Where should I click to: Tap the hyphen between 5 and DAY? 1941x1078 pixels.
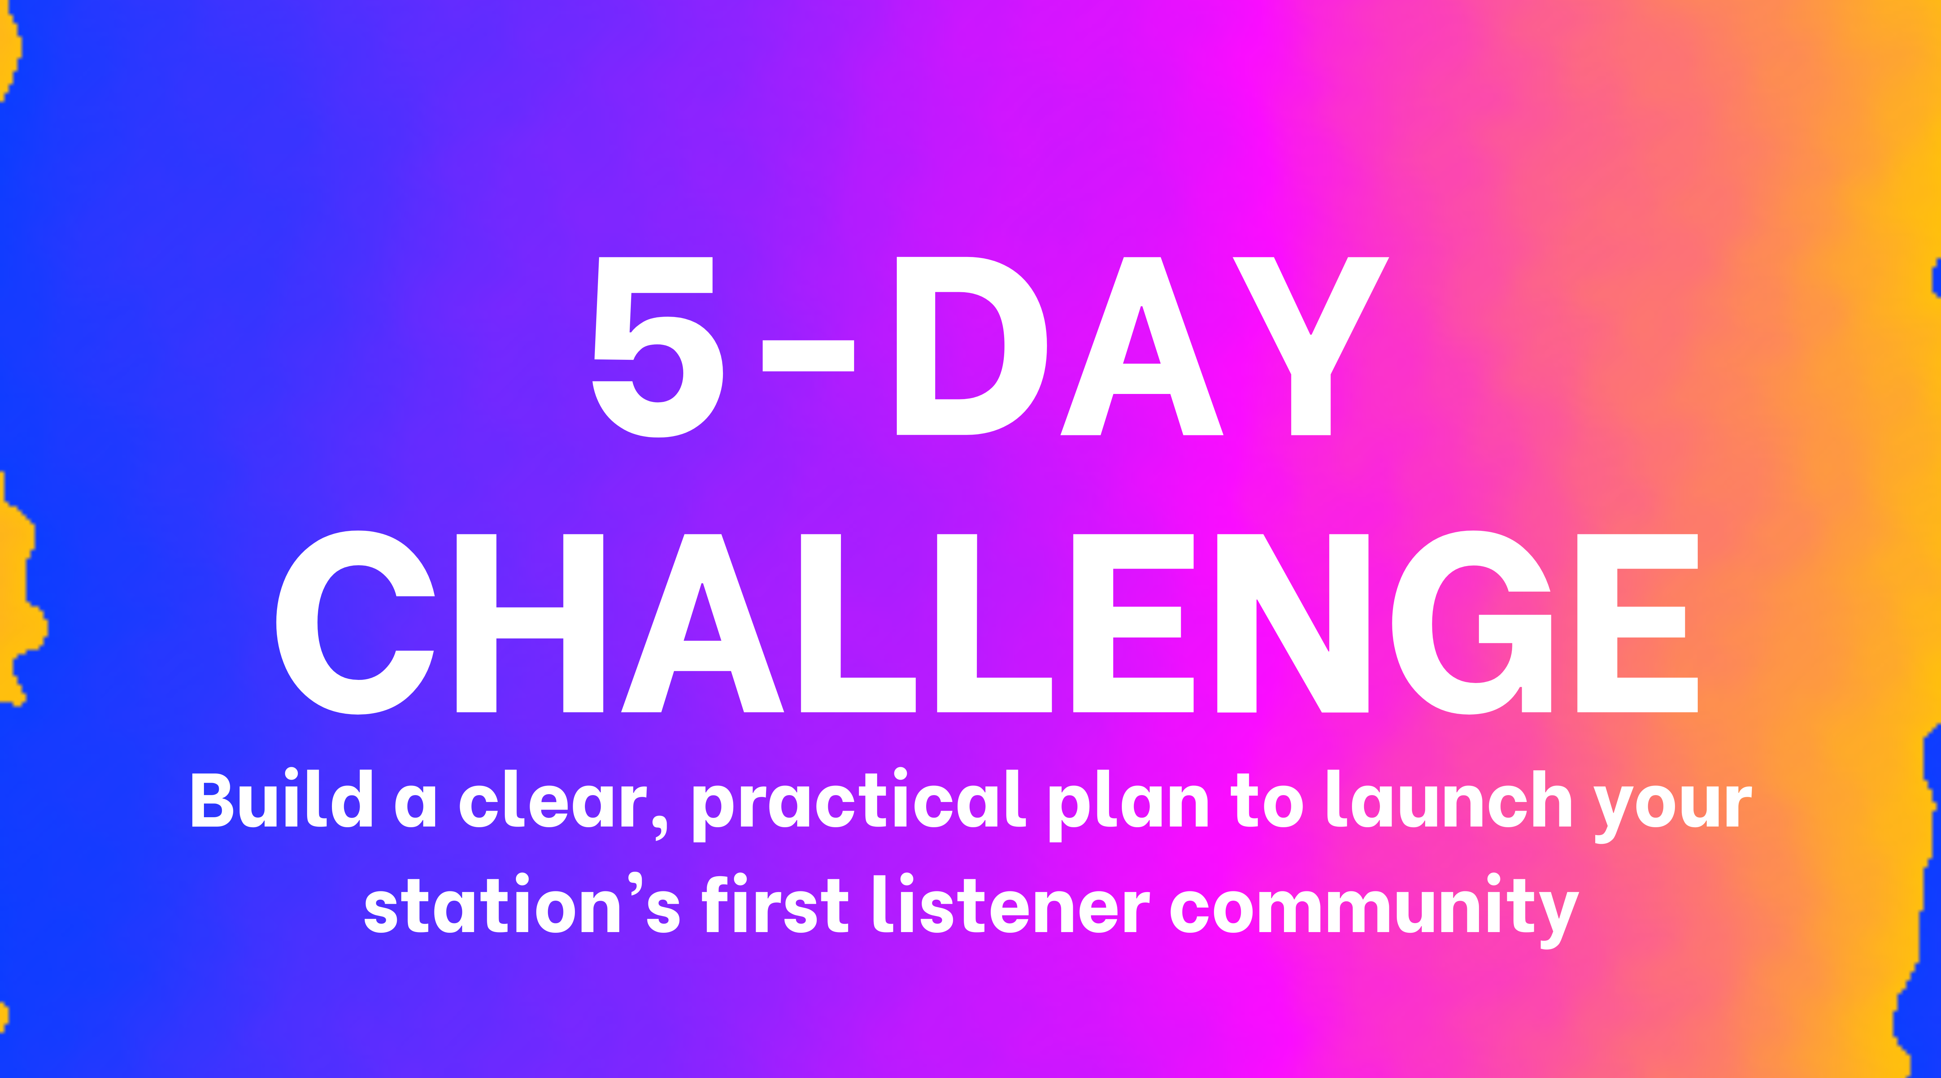[808, 356]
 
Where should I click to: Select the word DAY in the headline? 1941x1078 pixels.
[1142, 347]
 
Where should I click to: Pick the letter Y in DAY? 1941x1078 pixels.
[1311, 347]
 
